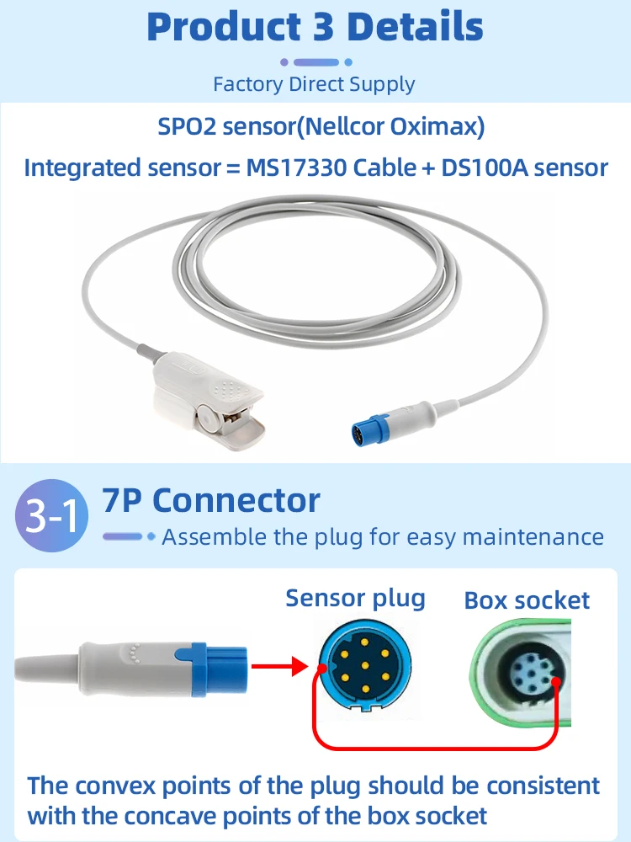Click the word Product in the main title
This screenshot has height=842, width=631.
[x=224, y=27]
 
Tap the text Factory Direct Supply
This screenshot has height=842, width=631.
[x=314, y=84]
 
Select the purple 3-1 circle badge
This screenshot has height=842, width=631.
[x=51, y=515]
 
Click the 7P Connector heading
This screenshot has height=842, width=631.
[x=211, y=500]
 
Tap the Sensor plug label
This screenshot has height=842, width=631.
[x=355, y=599]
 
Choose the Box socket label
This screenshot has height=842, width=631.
[x=527, y=600]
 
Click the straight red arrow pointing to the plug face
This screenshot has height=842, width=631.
[x=279, y=667]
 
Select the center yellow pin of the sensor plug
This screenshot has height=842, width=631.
[x=365, y=666]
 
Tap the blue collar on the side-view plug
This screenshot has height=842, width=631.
[x=210, y=668]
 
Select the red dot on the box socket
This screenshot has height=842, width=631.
[x=556, y=682]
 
